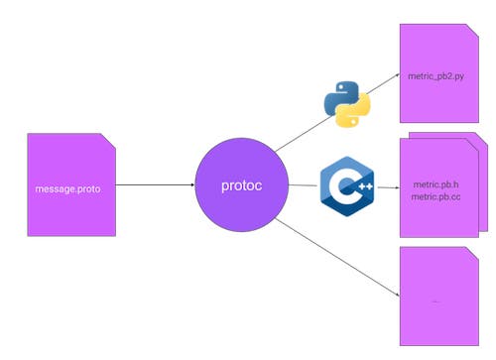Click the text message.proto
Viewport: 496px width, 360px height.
click(67, 188)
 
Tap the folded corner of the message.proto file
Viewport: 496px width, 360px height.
click(109, 141)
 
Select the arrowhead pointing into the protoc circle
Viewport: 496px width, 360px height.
click(189, 185)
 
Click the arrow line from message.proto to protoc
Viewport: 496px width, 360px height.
click(149, 185)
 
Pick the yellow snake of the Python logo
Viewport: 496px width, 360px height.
click(353, 111)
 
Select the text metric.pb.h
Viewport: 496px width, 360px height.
click(434, 183)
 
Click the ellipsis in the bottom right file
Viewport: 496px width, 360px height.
click(435, 300)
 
